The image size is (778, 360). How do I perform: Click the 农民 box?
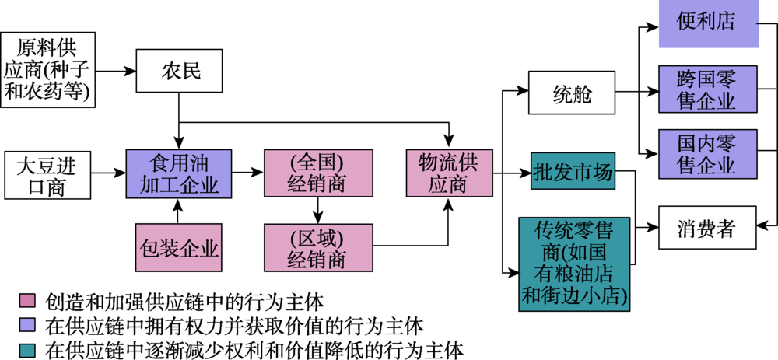[x=180, y=72]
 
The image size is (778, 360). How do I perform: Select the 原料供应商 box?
[x=48, y=69]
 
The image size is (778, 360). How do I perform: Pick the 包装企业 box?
[x=179, y=249]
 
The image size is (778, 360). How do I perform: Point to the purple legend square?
[x=26, y=323]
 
